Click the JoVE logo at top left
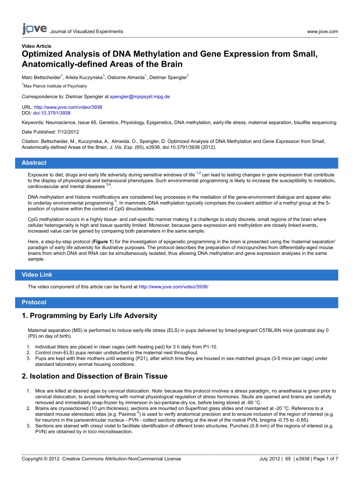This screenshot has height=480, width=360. [x=34, y=29]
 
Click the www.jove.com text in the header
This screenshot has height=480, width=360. [x=322, y=31]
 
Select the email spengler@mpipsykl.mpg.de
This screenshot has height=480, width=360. [x=140, y=97]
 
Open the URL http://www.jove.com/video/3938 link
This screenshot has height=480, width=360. [x=68, y=107]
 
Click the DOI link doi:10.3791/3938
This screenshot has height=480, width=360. [x=52, y=113]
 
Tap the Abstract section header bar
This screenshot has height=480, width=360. [x=177, y=163]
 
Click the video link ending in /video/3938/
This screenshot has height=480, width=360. [x=174, y=287]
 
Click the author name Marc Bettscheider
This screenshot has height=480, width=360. [x=41, y=78]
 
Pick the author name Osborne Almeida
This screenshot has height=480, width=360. [x=125, y=78]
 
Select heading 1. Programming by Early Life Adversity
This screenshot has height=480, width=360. [x=89, y=316]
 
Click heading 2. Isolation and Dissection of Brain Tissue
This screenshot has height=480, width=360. [x=95, y=376]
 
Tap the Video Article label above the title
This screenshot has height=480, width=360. [x=36, y=46]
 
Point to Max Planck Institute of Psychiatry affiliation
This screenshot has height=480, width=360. [x=55, y=86]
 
